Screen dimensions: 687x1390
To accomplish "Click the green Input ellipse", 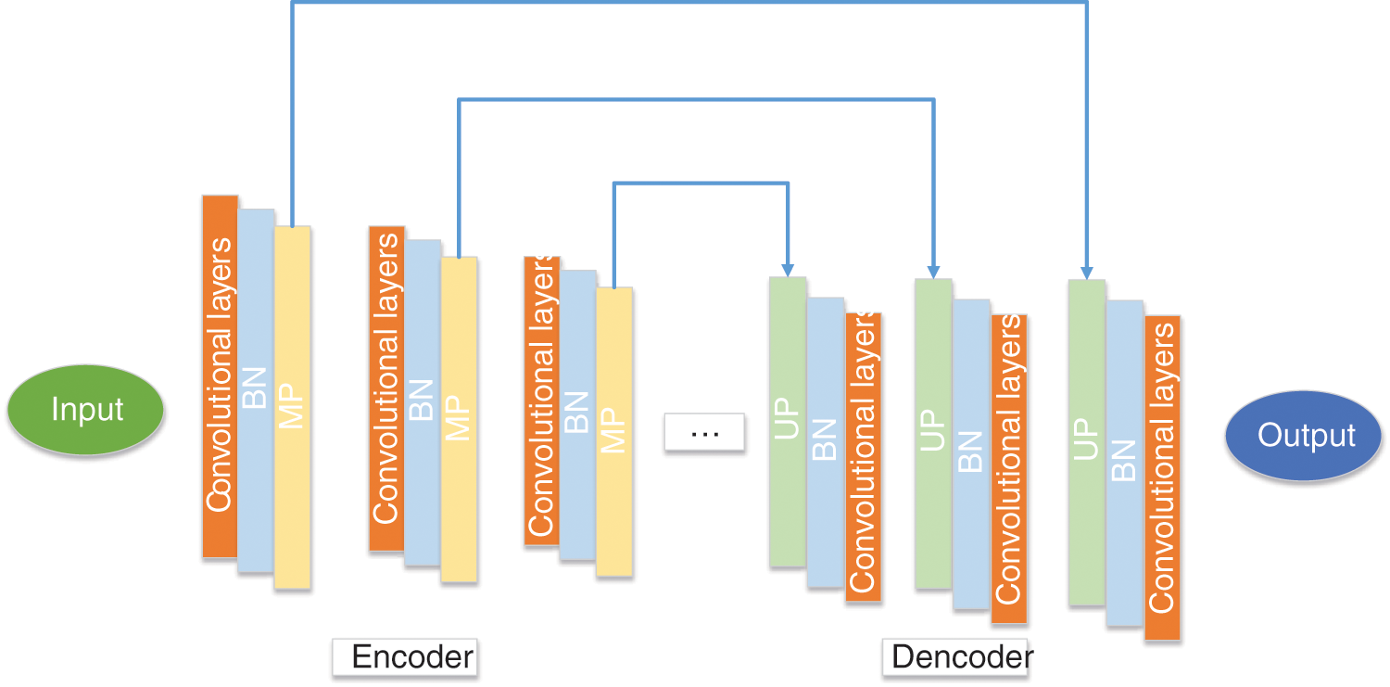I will pos(86,409).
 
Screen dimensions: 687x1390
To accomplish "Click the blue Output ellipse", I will pos(1305,435).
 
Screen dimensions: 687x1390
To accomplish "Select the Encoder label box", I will pos(404,656).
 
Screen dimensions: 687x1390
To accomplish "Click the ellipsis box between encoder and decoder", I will pos(704,433).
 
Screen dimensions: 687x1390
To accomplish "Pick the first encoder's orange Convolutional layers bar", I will pos(220,375).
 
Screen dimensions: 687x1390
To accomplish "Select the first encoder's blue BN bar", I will pos(256,389).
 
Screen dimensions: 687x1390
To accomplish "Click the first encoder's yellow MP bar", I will pos(292,408).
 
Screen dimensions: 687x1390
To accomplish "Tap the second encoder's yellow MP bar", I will pos(459,419).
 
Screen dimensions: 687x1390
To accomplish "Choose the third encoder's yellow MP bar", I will pos(613,432).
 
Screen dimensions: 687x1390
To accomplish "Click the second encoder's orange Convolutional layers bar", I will pos(386,388).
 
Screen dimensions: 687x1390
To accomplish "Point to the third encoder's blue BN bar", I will pos(577,414).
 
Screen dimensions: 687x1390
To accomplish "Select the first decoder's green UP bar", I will pos(788,422).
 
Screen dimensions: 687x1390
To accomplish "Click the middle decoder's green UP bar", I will pos(933,433).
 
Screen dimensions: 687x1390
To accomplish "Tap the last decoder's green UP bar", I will pos(1086,442).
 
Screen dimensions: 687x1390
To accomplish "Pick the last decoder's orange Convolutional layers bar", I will pos(1162,477).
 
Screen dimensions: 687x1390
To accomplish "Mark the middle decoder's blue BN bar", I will pos(970,453).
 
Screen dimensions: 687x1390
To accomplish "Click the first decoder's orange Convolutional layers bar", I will pos(863,457).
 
